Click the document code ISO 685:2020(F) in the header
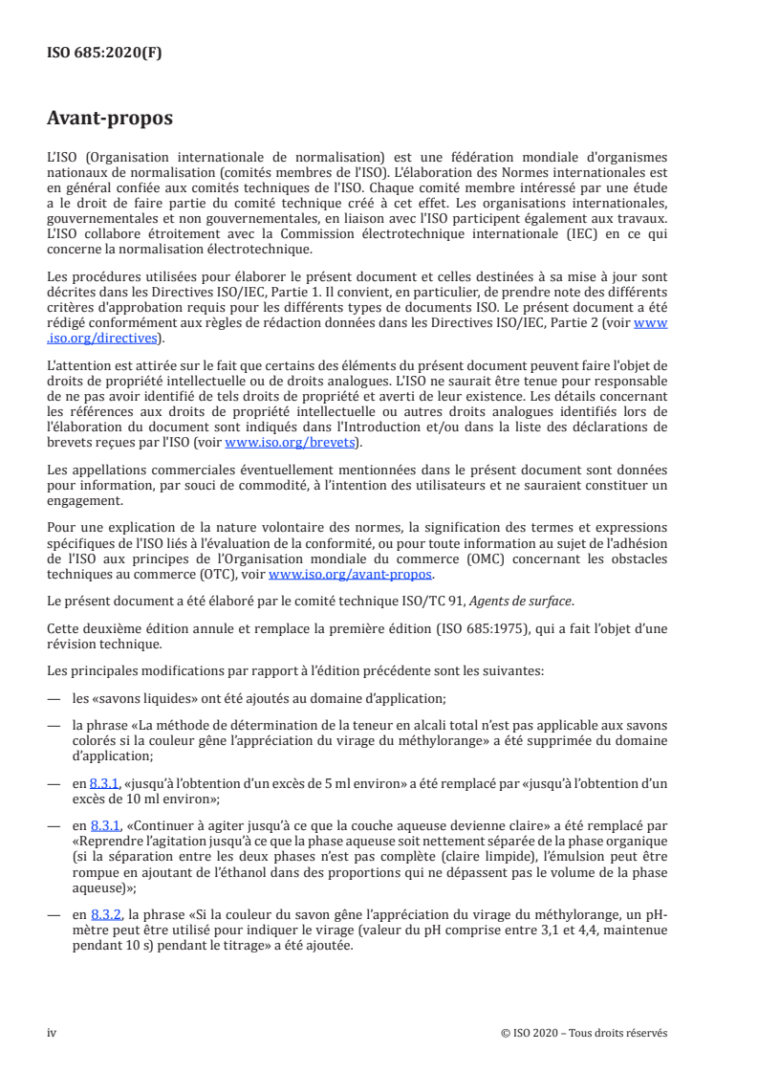click(x=105, y=54)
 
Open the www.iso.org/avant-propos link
click(x=351, y=575)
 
